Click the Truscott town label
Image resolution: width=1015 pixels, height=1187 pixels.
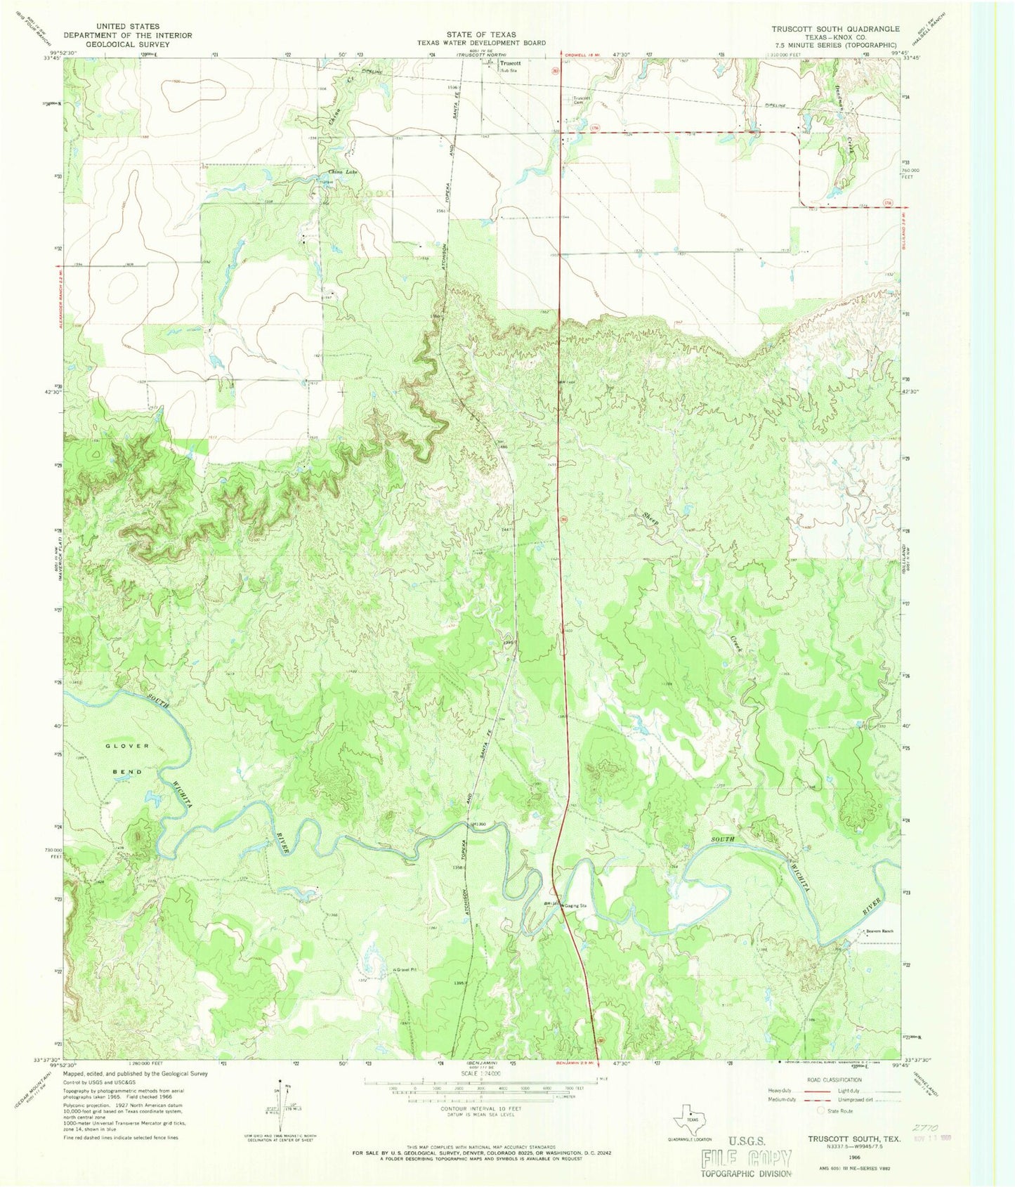coord(511,63)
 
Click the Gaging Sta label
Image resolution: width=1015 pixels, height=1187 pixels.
coord(575,905)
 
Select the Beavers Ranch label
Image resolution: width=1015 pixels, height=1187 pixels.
coord(879,931)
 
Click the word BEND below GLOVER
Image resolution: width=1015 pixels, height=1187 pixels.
coord(128,772)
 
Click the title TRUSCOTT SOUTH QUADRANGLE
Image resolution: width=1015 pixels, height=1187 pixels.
coord(835,29)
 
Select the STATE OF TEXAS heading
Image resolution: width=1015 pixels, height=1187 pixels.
coord(481,34)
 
